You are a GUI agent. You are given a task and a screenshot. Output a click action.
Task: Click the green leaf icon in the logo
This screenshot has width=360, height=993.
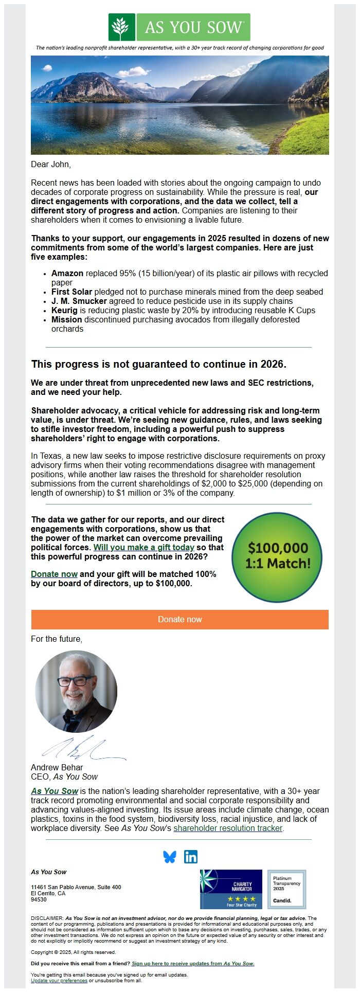pyautogui.click(x=122, y=27)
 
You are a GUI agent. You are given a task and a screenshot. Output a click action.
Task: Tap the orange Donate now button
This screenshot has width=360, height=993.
pyautogui.click(x=179, y=619)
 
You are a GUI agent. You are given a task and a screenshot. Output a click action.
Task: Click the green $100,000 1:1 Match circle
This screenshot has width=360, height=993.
pyautogui.click(x=277, y=555)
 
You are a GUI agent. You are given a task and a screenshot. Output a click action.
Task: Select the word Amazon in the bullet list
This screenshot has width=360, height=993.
pyautogui.click(x=67, y=273)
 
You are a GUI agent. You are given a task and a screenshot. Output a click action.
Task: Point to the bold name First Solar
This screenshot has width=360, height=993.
pyautogui.click(x=71, y=292)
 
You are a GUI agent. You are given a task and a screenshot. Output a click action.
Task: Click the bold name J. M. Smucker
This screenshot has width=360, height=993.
pyautogui.click(x=79, y=301)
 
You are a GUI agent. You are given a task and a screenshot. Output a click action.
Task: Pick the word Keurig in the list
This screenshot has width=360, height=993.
pyautogui.click(x=64, y=310)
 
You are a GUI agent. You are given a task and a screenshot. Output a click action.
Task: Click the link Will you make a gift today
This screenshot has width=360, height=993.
pyautogui.click(x=144, y=547)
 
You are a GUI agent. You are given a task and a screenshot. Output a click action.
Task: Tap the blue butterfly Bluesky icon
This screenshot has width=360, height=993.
pyautogui.click(x=170, y=856)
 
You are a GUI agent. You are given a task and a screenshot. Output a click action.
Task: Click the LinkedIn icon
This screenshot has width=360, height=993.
pyautogui.click(x=191, y=856)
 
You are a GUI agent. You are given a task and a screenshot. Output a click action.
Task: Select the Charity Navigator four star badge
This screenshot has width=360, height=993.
pyautogui.click(x=231, y=889)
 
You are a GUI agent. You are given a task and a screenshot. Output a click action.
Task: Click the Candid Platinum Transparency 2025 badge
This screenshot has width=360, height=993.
pyautogui.click(x=286, y=889)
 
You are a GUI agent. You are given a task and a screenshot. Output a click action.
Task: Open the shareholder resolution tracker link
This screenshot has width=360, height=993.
pyautogui.click(x=228, y=828)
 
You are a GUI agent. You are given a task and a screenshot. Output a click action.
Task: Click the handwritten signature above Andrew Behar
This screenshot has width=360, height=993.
pyautogui.click(x=82, y=748)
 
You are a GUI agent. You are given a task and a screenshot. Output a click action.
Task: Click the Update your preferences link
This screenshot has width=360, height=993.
pyautogui.click(x=59, y=980)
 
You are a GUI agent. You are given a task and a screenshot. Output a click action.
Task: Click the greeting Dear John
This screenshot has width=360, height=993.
pyautogui.click(x=51, y=164)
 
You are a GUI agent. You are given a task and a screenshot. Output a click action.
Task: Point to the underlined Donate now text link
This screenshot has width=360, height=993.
pyautogui.click(x=54, y=574)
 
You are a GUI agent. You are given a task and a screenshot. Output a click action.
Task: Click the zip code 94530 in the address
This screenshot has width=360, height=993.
pyautogui.click(x=39, y=899)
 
